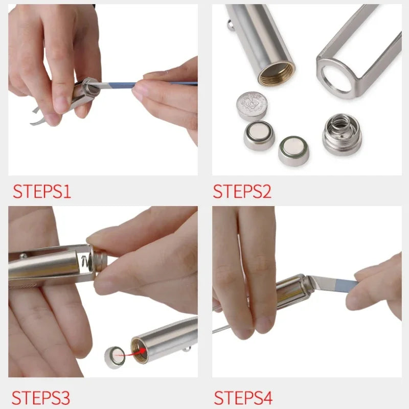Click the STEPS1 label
tap(42, 191)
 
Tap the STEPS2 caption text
tap(242, 191)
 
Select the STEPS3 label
tap(41, 397)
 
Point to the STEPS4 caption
tap(243, 397)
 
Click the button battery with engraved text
tap(252, 105)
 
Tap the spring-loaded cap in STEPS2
tap(342, 134)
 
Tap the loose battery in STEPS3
tap(115, 356)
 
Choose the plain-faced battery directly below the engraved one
tap(259, 135)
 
